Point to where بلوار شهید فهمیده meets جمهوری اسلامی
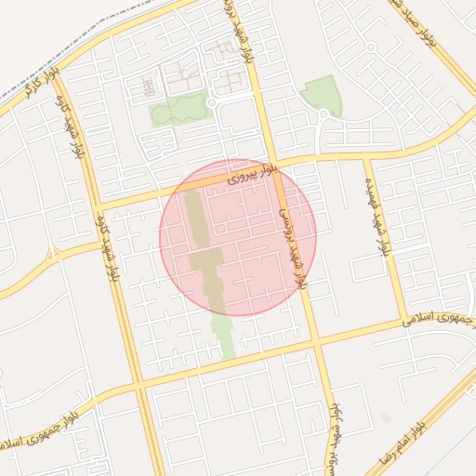402,325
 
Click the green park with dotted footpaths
175,111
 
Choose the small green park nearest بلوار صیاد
322,94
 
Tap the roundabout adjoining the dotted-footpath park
212,102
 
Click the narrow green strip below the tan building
224,335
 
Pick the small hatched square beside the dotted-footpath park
149,87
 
